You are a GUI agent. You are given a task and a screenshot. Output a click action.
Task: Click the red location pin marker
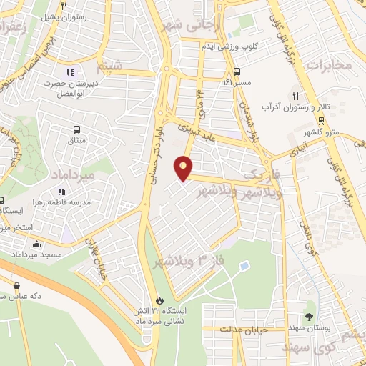tap(184, 168)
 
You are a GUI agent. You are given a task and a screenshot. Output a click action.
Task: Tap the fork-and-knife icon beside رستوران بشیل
tap(64, 5)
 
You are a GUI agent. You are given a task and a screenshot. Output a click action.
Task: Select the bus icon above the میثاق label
tap(76, 130)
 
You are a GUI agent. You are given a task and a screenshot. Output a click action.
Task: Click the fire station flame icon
tap(159, 302)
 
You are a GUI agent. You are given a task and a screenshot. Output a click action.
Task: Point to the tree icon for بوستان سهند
tap(309, 316)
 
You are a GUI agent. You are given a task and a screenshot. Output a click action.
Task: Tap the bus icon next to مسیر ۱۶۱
tap(237, 71)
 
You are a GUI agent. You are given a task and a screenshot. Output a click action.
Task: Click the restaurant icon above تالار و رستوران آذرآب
tap(294, 96)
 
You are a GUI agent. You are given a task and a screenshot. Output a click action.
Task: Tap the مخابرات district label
tap(330, 65)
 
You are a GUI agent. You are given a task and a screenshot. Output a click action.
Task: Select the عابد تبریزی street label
tap(194, 130)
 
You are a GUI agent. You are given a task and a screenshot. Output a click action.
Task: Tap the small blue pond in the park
tap(244, 267)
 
